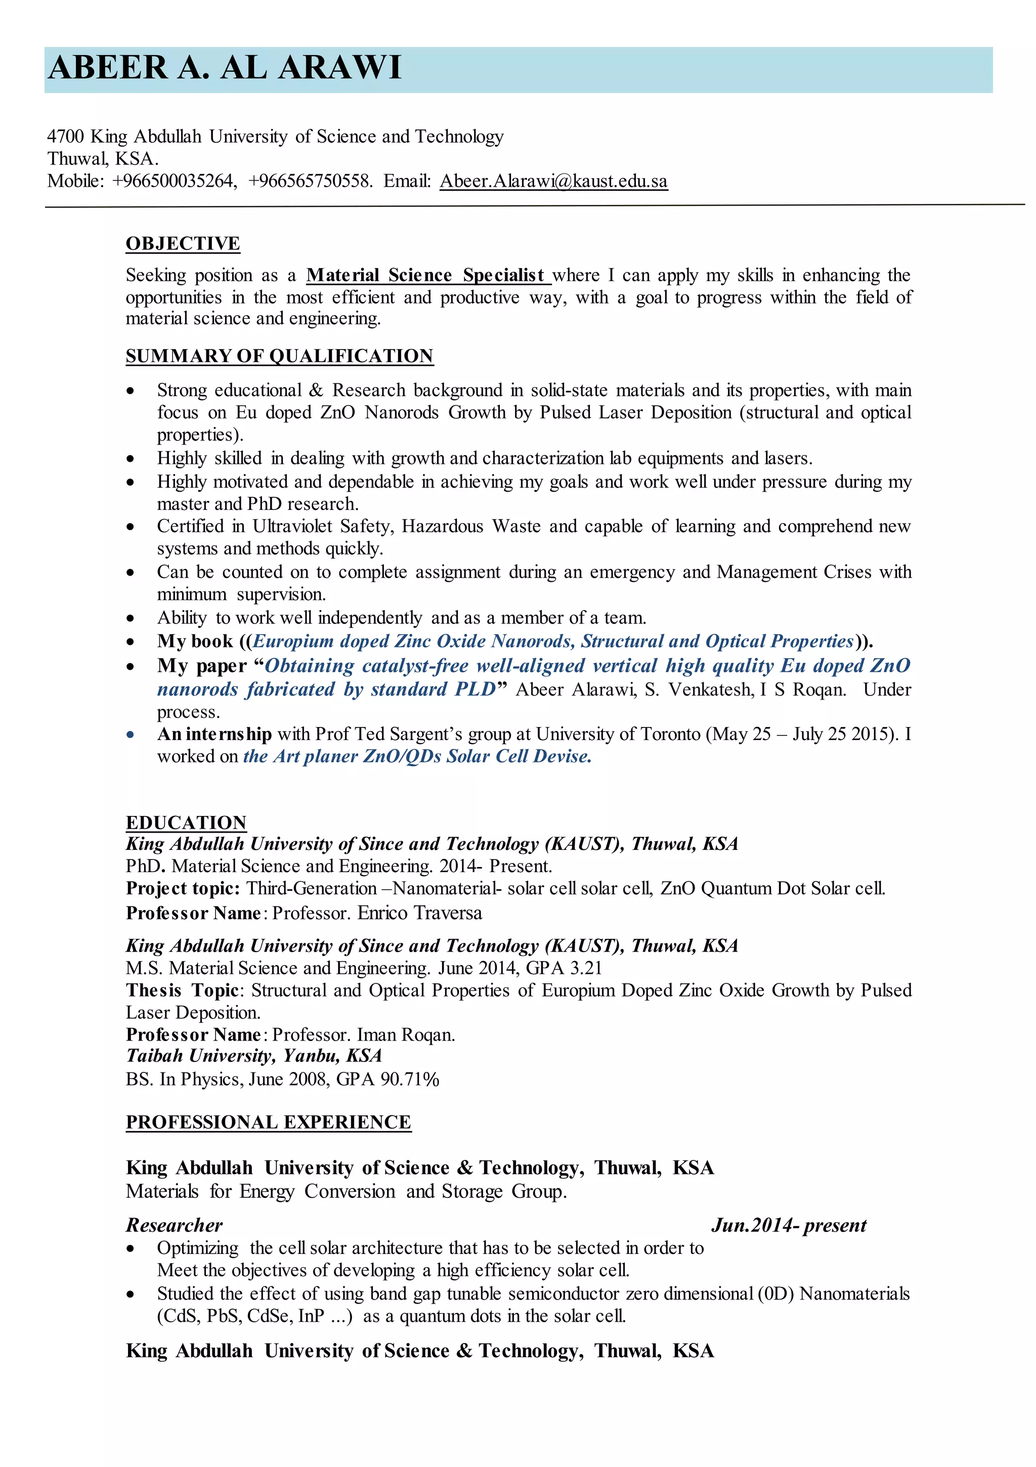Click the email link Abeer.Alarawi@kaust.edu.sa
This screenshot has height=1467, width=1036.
coord(553,182)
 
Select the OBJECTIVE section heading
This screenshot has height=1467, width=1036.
coord(183,243)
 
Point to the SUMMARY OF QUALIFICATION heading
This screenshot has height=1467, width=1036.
coord(279,356)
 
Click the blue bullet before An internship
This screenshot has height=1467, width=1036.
coord(131,735)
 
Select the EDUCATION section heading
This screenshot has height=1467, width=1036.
coord(186,823)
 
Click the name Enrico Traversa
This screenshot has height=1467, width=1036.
coord(419,913)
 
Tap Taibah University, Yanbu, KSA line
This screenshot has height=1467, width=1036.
coord(254,1056)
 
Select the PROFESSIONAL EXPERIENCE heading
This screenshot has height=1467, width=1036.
coord(269,1122)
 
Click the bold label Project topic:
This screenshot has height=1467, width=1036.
coord(183,889)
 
